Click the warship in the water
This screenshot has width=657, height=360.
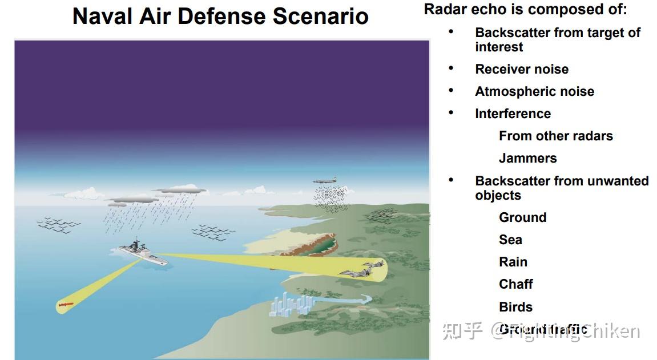[143, 253]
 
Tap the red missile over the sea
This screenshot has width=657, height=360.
[65, 306]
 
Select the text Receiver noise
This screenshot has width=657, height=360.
[522, 69]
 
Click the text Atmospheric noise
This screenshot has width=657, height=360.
[534, 91]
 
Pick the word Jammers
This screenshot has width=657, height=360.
[527, 158]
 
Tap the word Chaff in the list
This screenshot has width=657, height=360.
[515, 284]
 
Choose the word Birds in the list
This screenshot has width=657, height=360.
[515, 306]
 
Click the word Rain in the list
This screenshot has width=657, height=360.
[513, 262]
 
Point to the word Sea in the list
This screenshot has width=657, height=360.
[510, 240]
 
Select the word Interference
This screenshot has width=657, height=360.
[513, 114]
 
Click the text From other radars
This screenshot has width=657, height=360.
[555, 136]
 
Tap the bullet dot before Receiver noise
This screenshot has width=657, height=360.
[451, 68]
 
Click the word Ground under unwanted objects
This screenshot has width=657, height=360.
[522, 217]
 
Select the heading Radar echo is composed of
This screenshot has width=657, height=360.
[525, 10]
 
